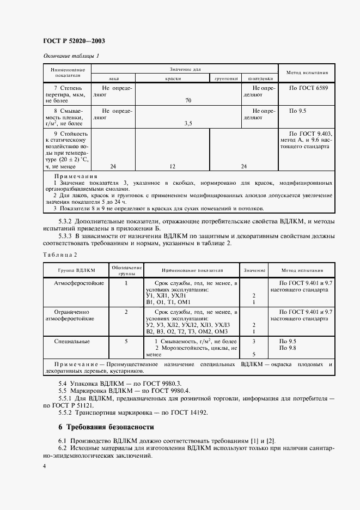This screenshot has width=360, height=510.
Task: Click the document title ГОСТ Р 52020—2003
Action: click(x=75, y=41)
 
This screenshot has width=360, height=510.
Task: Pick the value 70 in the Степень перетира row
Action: click(x=188, y=101)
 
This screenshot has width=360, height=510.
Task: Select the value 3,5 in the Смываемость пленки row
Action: click(x=188, y=124)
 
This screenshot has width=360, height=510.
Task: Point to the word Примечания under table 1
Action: click(x=75, y=177)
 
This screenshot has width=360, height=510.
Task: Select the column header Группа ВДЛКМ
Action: click(x=76, y=270)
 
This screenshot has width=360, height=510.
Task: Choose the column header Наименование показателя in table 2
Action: click(x=192, y=270)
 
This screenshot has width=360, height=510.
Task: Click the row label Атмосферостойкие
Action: click(x=76, y=283)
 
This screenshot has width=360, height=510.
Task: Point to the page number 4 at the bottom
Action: click(x=45, y=466)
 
